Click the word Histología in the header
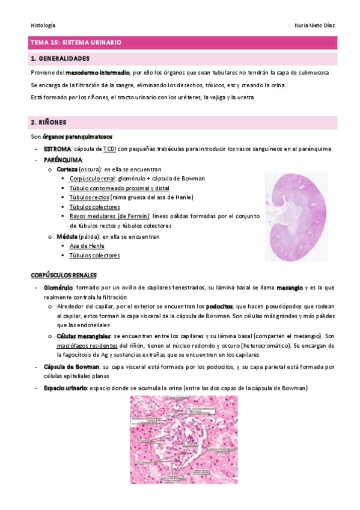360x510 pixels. click(43, 25)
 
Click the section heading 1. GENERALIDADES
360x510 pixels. click(60, 59)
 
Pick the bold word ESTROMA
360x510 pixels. click(57, 149)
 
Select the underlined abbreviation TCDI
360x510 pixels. click(109, 149)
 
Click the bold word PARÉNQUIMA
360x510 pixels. click(63, 159)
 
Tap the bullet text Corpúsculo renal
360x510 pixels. click(91, 179)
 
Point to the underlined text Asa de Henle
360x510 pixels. click(87, 246)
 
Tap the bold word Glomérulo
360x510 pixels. click(58, 288)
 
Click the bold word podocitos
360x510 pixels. click(220, 306)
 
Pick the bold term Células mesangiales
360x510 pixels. click(84, 336)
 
